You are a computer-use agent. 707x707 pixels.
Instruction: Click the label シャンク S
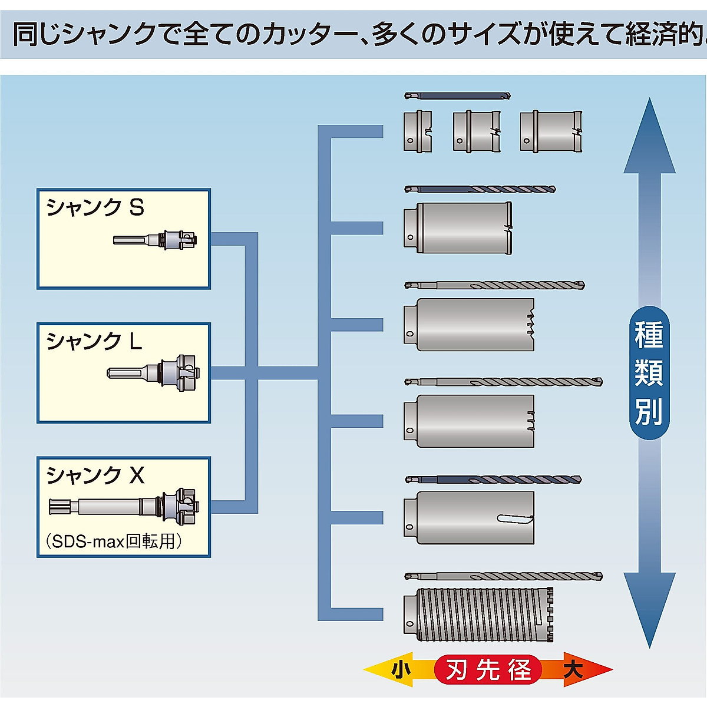pyautogui.click(x=95, y=207)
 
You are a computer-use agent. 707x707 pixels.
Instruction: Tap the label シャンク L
pyautogui.click(x=94, y=341)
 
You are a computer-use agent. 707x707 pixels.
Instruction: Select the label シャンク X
pyautogui.click(x=95, y=475)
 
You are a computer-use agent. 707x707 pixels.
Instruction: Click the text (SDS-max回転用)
pyautogui.click(x=113, y=541)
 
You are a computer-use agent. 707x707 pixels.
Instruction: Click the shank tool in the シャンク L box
pyautogui.click(x=153, y=372)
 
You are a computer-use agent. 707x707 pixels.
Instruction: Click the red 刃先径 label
pyautogui.click(x=488, y=670)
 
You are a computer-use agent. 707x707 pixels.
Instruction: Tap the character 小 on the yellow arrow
pyautogui.click(x=401, y=670)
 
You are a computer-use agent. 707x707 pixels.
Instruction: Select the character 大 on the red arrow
pyautogui.click(x=573, y=670)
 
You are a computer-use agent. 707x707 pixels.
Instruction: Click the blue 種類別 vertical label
pyautogui.click(x=649, y=373)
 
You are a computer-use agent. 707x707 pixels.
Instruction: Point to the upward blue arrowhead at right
pyautogui.click(x=649, y=141)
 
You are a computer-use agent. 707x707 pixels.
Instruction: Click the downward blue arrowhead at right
pyautogui.click(x=649, y=607)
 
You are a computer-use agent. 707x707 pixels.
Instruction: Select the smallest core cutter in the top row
pyautogui.click(x=418, y=132)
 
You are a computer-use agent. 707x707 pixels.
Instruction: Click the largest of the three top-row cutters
pyautogui.click(x=551, y=132)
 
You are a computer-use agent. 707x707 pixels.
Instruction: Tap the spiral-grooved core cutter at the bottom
pyautogui.click(x=478, y=615)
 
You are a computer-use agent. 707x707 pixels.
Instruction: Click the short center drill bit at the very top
pyautogui.click(x=457, y=95)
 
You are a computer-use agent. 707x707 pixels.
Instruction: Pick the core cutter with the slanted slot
pyautogui.click(x=469, y=517)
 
